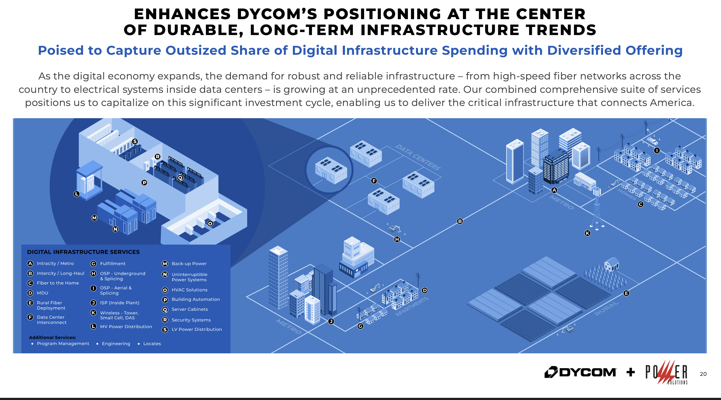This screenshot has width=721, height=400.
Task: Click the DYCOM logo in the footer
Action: tap(580, 372)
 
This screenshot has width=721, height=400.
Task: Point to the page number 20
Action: tap(703, 374)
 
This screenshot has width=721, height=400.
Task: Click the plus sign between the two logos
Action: tap(631, 372)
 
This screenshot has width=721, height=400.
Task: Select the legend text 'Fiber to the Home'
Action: tap(58, 283)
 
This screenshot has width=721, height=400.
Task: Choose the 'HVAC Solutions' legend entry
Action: tap(190, 290)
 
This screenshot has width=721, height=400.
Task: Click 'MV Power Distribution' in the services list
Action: tap(126, 327)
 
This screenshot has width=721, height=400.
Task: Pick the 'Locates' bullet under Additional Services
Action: tap(152, 344)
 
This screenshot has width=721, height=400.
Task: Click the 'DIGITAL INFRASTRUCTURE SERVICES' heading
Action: tap(83, 252)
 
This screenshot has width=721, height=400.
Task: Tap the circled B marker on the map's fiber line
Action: tap(460, 221)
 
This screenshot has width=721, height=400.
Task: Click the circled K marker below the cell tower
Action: tap(588, 233)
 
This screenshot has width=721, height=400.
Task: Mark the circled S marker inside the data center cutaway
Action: tap(135, 141)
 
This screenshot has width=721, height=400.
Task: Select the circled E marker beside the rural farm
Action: tap(626, 293)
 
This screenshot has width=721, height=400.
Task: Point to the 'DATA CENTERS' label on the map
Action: tap(418, 157)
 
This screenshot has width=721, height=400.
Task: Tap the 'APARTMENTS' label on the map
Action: tap(412, 306)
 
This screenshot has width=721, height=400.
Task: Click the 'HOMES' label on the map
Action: tap(627, 194)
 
